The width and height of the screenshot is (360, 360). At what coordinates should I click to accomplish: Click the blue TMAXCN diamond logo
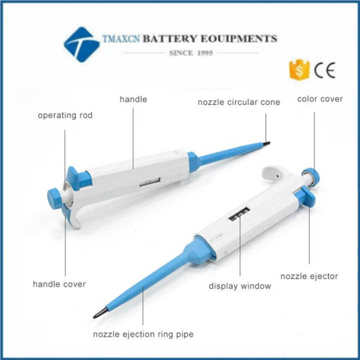[81, 44]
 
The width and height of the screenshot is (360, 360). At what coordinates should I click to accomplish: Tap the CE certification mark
[324, 69]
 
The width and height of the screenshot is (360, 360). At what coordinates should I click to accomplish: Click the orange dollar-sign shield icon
[299, 69]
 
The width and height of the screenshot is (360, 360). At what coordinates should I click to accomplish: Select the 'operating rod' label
[65, 115]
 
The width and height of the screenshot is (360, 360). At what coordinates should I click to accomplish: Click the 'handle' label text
[133, 99]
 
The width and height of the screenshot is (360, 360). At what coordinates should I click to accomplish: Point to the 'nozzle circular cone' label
[238, 102]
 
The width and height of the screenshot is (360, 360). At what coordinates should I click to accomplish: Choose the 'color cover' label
[320, 99]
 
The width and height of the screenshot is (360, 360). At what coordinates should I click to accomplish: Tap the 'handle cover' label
[59, 284]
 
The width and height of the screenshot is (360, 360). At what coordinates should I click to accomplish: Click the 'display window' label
[239, 286]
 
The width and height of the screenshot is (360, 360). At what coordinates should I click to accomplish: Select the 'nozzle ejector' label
[309, 276]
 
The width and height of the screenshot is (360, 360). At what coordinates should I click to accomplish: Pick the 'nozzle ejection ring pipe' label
[143, 333]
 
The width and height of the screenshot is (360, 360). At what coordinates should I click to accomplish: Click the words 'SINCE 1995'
[191, 52]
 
